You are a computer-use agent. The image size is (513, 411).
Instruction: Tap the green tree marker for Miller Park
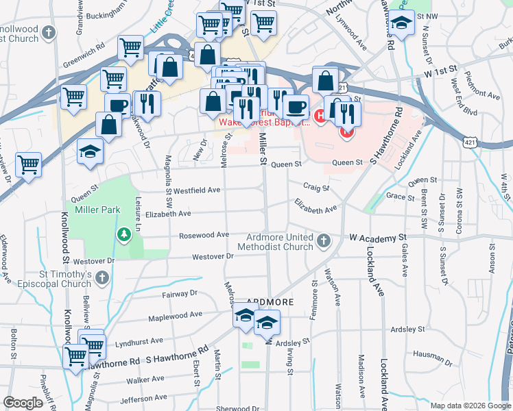tap(123, 236)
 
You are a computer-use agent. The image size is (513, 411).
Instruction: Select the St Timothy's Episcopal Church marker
tap(103, 277)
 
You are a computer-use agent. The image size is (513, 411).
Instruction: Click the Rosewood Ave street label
tap(204, 234)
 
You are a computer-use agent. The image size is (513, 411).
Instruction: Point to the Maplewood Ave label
tap(176, 316)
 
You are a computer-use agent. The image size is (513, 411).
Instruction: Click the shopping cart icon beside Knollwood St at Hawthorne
tap(75, 355)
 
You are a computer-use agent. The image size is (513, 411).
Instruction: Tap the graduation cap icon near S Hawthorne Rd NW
tap(402, 23)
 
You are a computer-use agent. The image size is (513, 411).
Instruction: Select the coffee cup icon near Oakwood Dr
tap(117, 105)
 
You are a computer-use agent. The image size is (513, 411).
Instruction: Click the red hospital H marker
tap(320, 118)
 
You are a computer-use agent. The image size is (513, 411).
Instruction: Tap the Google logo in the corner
tap(23, 403)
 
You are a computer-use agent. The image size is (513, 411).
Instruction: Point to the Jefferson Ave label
tap(144, 399)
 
